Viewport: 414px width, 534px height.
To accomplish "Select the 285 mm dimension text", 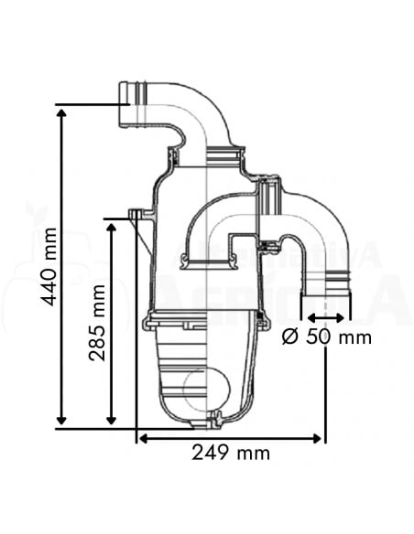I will [x=99, y=322].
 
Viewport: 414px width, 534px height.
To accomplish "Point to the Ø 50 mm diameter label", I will [x=327, y=336].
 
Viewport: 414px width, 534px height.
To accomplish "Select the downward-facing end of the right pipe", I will [x=328, y=293].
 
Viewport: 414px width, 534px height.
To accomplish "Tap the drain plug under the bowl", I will [x=214, y=421].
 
